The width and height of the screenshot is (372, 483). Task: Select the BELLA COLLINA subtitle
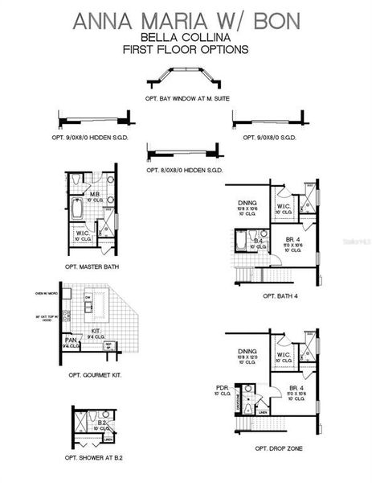(x=186, y=37)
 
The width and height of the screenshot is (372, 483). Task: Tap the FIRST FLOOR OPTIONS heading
(x=186, y=49)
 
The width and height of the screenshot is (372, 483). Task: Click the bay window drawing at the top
(x=186, y=81)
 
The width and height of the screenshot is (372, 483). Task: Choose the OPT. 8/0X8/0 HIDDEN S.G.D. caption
(x=185, y=171)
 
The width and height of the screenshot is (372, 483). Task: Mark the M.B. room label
(x=94, y=194)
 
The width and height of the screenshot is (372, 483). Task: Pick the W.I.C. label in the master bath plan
(x=82, y=233)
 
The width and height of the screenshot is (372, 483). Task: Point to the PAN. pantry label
(x=72, y=341)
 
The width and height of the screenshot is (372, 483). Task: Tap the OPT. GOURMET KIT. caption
(x=94, y=374)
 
